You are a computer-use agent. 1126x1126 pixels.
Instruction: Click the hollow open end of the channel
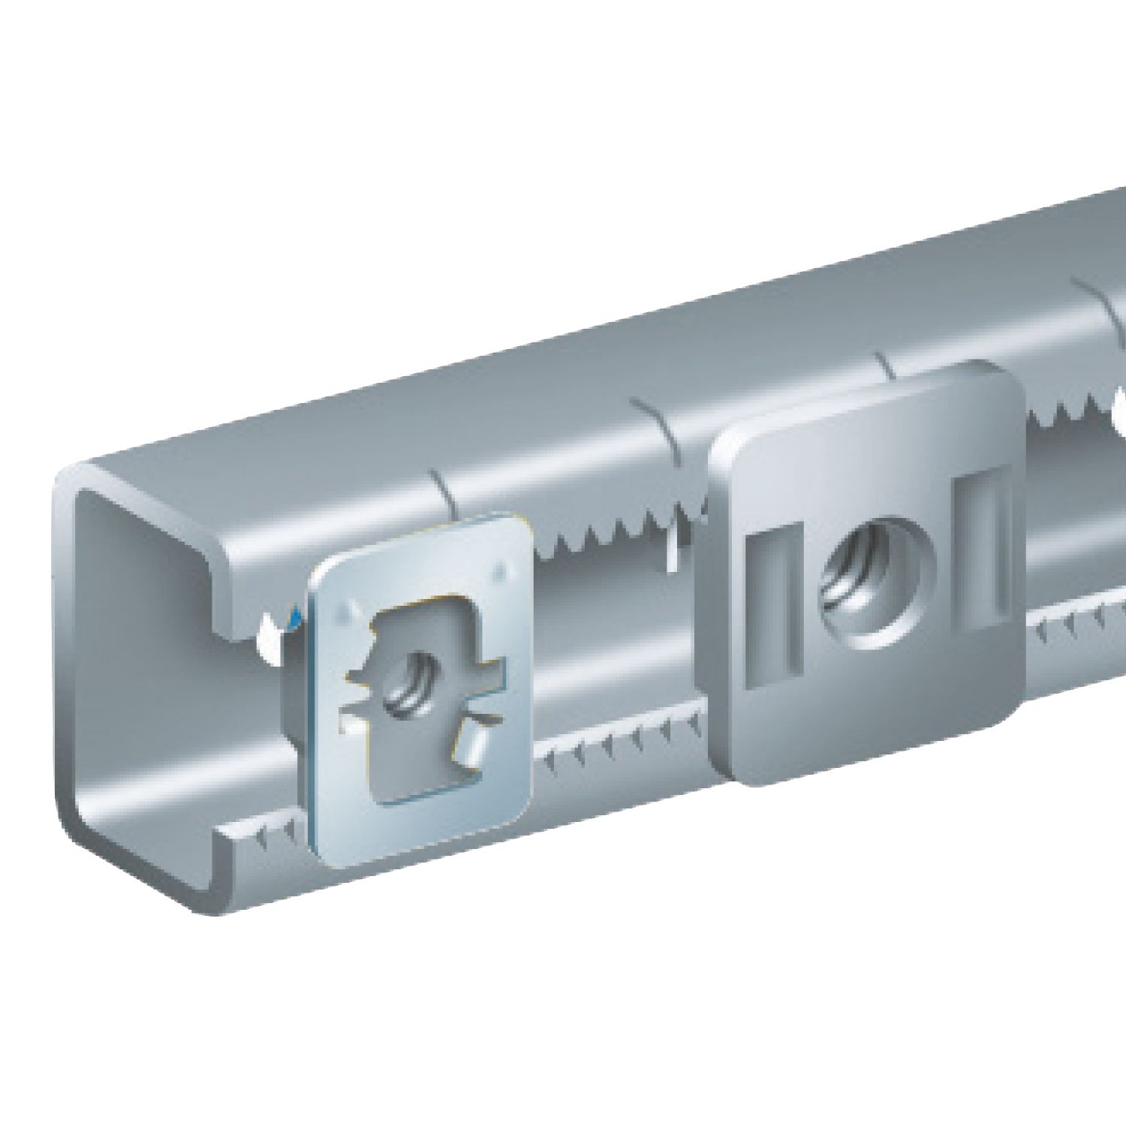173,676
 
